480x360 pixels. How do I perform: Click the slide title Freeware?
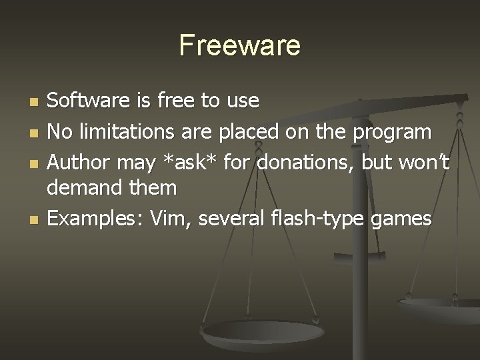[x=240, y=45]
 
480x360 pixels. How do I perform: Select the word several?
[x=230, y=217]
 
